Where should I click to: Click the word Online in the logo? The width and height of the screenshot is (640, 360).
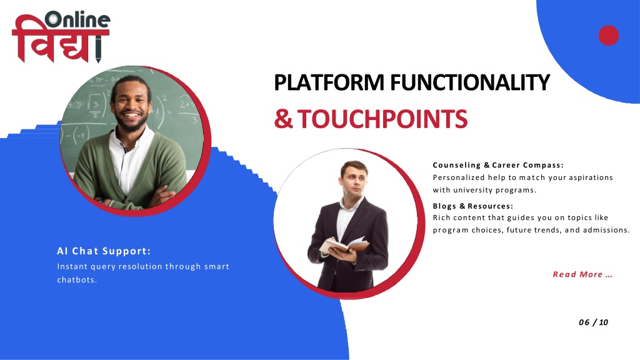[x=77, y=19]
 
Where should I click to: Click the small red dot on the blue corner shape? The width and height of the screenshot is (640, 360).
[x=609, y=35]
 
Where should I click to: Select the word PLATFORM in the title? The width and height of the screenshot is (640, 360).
[x=329, y=82]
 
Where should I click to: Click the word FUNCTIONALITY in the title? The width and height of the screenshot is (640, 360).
[x=470, y=82]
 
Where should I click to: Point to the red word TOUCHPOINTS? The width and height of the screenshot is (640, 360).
[x=382, y=119]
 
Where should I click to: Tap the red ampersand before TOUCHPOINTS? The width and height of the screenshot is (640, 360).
[x=283, y=119]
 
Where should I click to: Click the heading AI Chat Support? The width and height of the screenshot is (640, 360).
[x=104, y=251]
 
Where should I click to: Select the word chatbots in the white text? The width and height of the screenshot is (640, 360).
[x=76, y=280]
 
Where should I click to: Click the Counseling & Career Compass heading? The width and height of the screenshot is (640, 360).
[x=498, y=165]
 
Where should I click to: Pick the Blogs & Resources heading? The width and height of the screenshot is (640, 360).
[x=472, y=206]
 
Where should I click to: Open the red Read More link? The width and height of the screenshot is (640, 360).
[x=582, y=274]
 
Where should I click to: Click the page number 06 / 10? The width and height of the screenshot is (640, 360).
[x=594, y=322]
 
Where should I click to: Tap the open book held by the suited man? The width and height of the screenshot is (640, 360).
[x=344, y=245]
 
